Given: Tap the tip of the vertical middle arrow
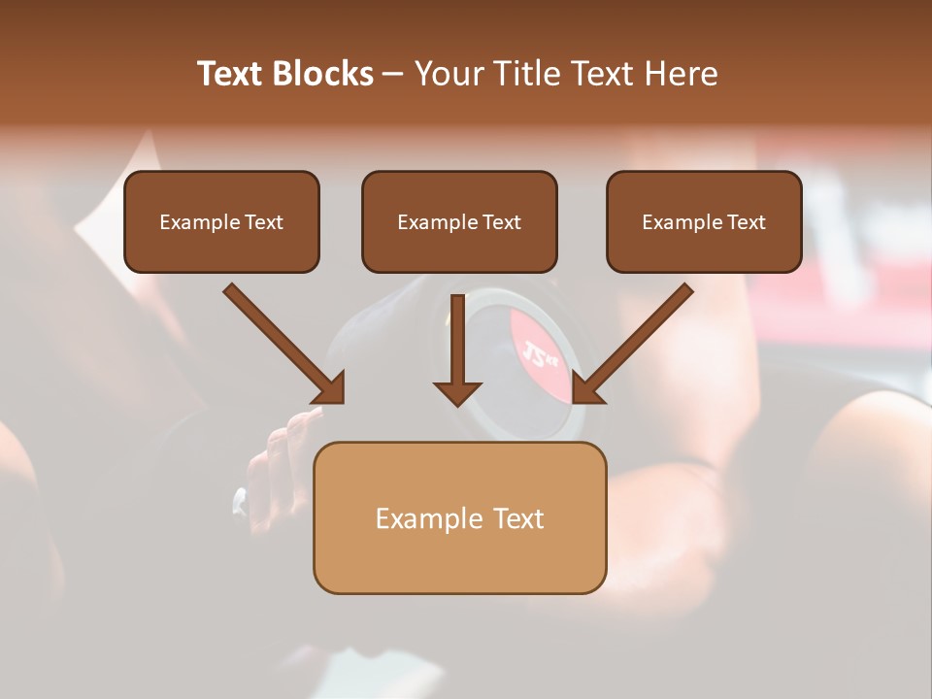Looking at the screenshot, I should click(457, 403).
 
